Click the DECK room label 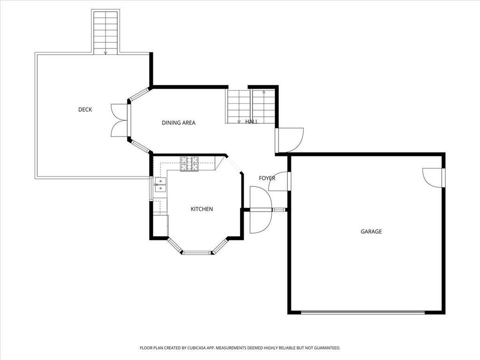pos(85,110)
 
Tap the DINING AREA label pos(179,123)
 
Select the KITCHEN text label pos(202,209)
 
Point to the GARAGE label pos(371,232)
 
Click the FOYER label pos(267,178)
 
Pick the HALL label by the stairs pos(252,122)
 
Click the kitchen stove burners pos(189,164)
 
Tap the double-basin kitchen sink pos(160,185)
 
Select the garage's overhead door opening pos(363,312)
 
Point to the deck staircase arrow pos(105,53)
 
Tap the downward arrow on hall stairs pos(239,121)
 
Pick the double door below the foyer pos(261,210)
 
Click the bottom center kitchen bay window pos(197,253)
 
